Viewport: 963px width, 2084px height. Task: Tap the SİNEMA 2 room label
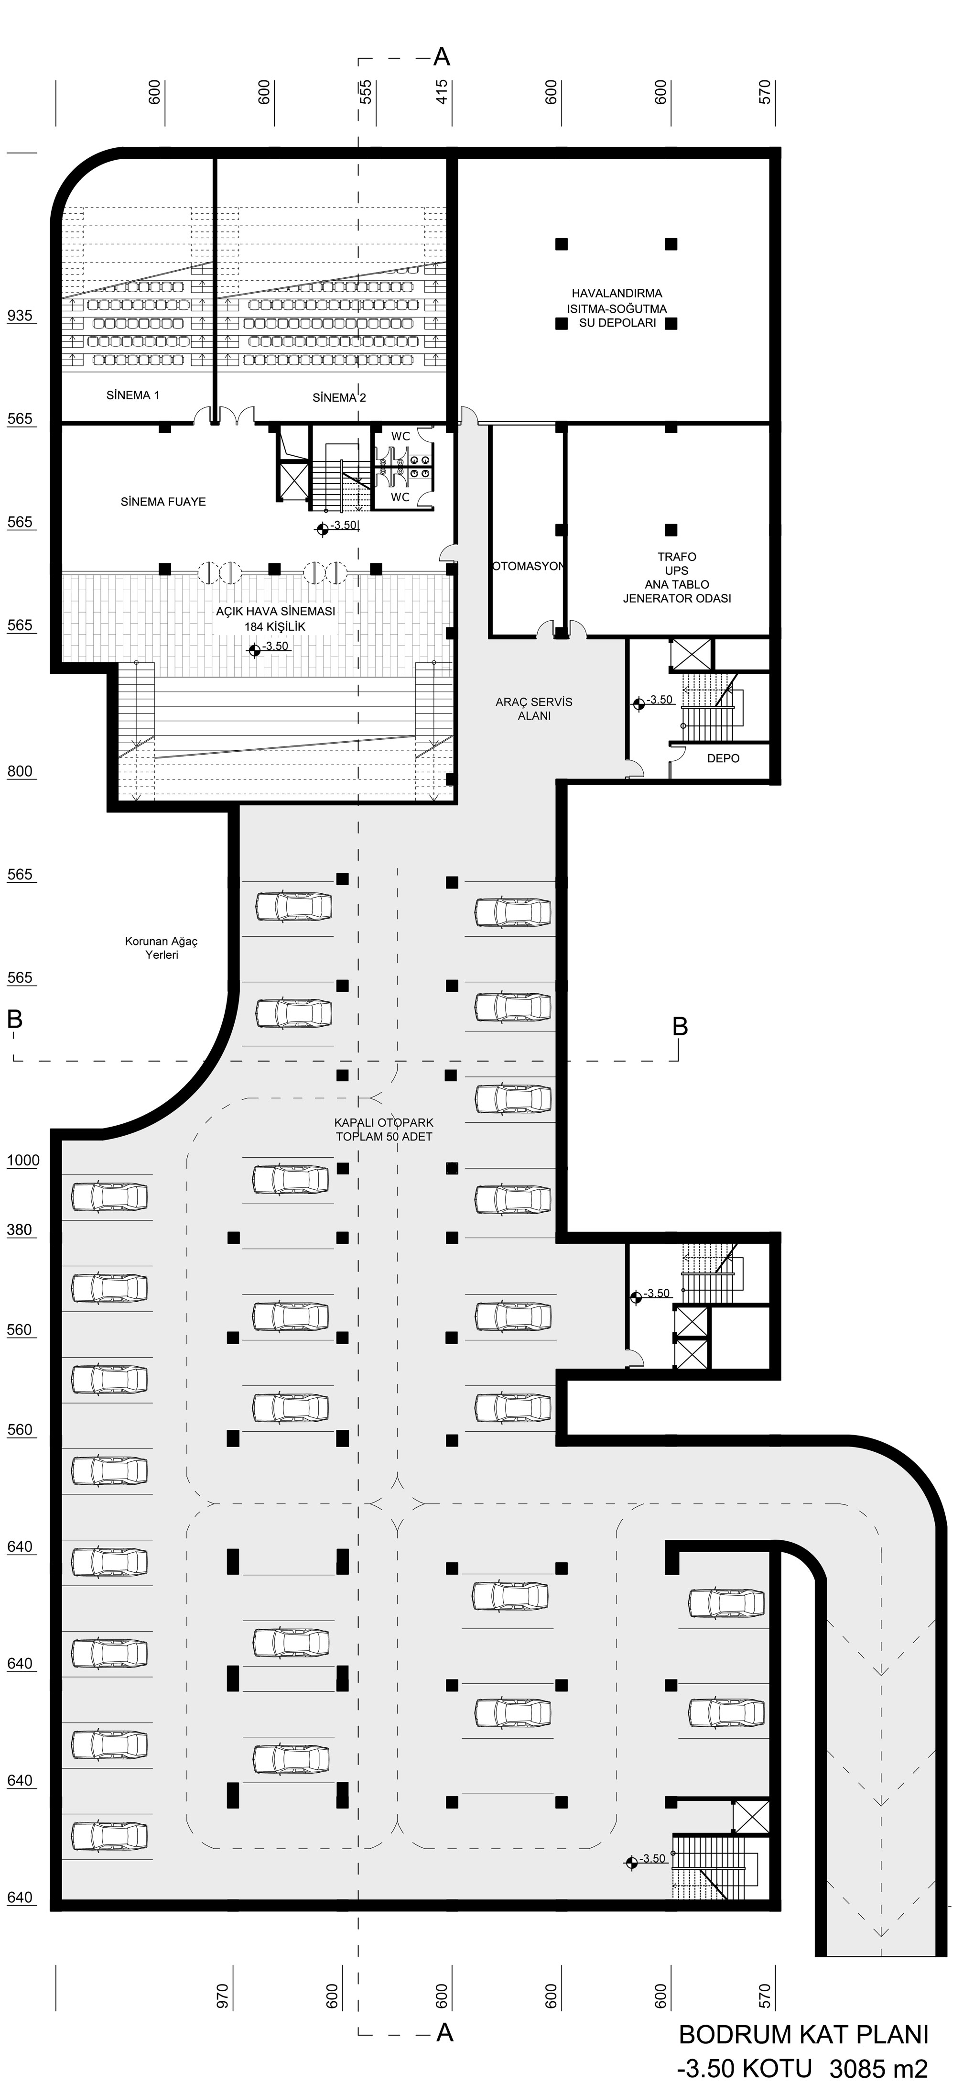339,397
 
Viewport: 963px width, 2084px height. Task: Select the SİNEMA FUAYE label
163,502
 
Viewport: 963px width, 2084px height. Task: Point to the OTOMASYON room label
527,566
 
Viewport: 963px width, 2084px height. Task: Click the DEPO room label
723,758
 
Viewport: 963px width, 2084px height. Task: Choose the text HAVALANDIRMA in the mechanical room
617,294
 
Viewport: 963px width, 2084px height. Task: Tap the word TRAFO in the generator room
677,557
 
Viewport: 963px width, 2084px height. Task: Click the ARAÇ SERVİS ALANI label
534,709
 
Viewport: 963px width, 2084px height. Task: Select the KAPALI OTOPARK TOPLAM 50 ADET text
384,1130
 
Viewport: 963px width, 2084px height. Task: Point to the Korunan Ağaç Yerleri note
161,948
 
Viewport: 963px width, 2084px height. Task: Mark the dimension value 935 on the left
20,316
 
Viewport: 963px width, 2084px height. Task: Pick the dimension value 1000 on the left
22,1160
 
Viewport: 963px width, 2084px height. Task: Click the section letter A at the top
442,56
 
